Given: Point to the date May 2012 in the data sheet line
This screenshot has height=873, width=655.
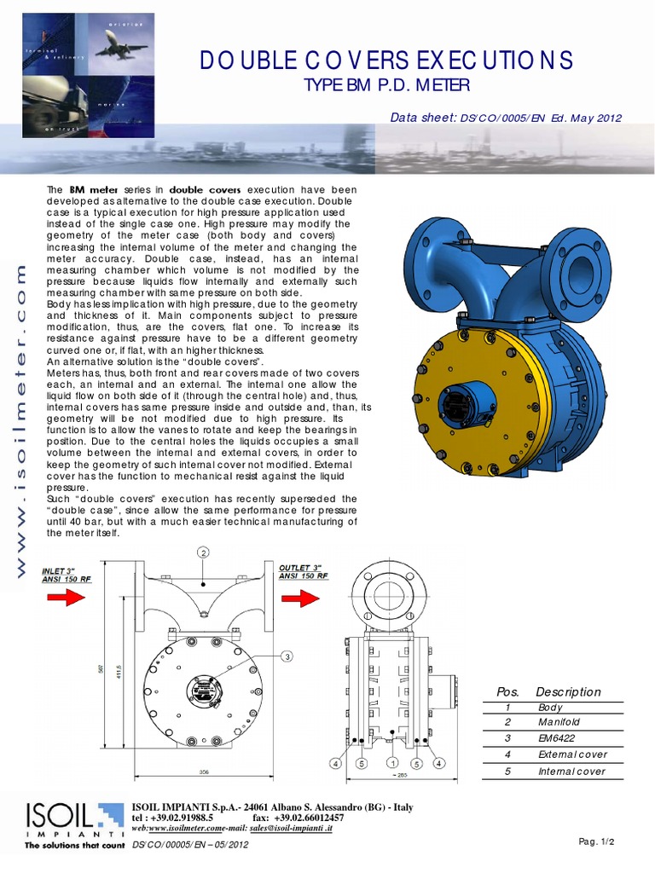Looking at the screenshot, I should (596, 119).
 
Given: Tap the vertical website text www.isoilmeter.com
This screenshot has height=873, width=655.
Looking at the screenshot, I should (22, 418).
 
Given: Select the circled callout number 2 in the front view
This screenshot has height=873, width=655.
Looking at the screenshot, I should (204, 552).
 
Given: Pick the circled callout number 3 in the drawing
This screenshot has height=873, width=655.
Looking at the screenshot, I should (287, 655).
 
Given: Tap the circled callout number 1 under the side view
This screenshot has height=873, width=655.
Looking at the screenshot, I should (391, 763).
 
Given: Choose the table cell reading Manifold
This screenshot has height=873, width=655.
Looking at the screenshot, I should (558, 722).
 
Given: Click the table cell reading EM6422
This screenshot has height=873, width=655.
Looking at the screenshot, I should (556, 738).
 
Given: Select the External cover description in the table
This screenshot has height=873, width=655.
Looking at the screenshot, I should (572, 754).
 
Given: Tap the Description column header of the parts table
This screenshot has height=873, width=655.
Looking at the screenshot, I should (568, 692).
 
